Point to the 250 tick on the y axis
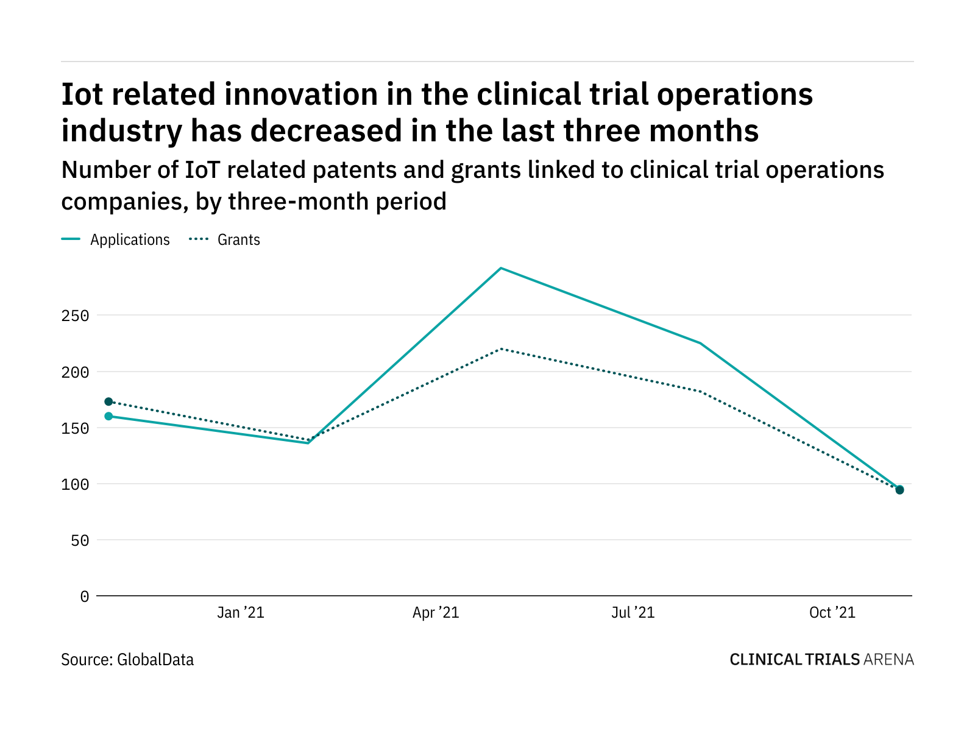[x=76, y=316]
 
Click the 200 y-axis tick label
[x=76, y=372]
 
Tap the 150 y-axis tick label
[x=76, y=428]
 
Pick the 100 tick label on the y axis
[x=76, y=484]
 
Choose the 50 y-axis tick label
[x=80, y=540]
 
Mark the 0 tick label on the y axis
[x=85, y=596]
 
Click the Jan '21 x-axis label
[x=241, y=612]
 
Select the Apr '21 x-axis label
[x=436, y=612]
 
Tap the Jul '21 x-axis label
[x=633, y=612]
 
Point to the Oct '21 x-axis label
[x=832, y=612]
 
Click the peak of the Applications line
[x=501, y=268]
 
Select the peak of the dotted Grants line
[x=501, y=349]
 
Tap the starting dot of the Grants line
[x=108, y=401]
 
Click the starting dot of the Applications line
[x=108, y=416]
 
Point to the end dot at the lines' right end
[x=899, y=490]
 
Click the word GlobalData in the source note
[x=155, y=659]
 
